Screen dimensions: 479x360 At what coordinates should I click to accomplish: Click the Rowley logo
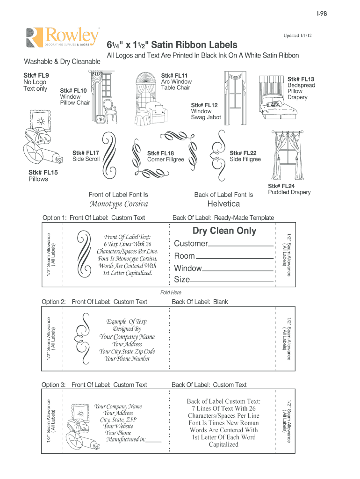64,37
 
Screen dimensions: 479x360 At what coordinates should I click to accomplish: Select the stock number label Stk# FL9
36,75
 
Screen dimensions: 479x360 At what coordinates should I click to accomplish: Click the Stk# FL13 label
301,79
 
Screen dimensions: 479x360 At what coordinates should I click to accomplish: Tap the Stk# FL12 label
204,105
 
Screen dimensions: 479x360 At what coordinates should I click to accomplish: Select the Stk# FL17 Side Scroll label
86,153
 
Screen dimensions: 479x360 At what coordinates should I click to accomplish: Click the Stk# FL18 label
160,153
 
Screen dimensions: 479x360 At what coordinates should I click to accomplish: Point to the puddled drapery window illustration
286,157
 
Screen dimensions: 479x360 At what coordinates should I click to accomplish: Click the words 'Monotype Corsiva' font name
119,204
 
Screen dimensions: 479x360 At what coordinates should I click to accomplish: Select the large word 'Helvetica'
223,204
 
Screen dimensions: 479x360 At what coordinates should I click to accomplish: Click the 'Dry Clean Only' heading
224,231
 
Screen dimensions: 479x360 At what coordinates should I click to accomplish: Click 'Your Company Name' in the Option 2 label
127,337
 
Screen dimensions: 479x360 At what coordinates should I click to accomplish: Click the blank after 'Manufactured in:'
154,441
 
